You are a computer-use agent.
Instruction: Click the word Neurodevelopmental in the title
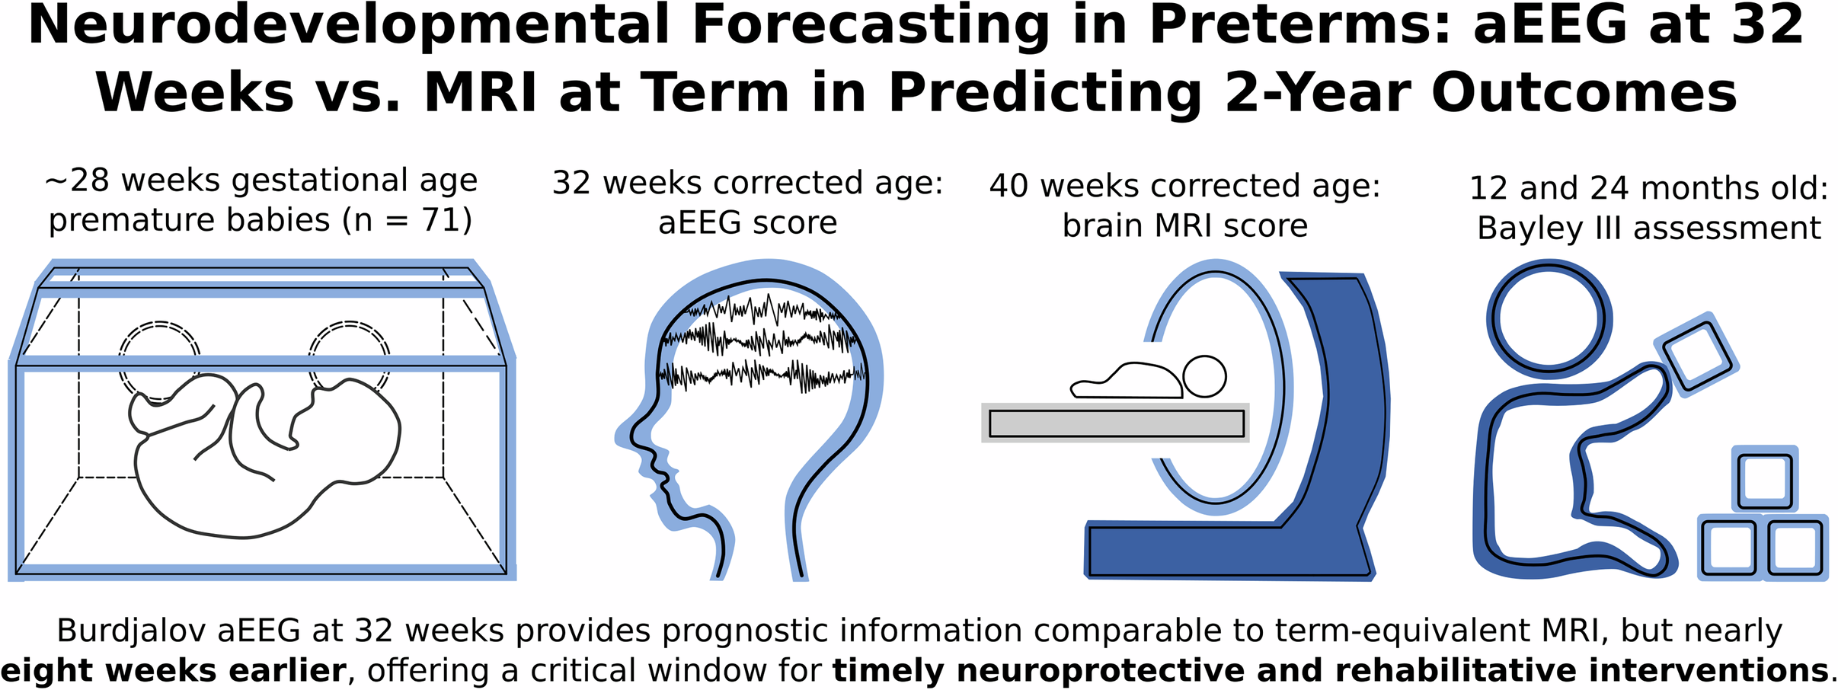click(348, 25)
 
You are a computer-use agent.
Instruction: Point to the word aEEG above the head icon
click(699, 223)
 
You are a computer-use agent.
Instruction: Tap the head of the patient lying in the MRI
click(1204, 376)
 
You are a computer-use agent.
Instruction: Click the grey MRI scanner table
click(1116, 423)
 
